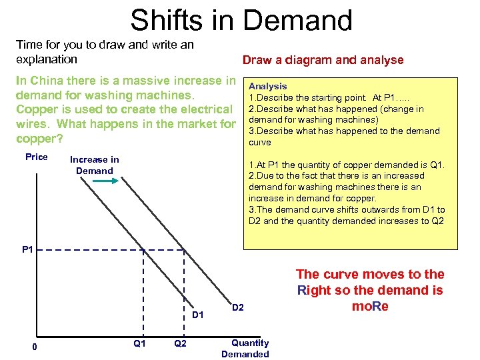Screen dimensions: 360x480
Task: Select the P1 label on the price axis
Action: tap(28, 250)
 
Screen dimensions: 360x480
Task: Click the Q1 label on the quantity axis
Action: tap(140, 343)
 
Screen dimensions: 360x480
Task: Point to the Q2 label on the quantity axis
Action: tap(180, 343)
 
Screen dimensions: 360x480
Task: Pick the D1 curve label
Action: tap(198, 314)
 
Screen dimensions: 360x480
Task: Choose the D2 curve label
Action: tap(238, 307)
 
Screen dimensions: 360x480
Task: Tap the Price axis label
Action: tap(37, 157)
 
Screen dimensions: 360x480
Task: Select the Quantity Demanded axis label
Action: tap(245, 349)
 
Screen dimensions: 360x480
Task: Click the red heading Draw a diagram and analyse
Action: tap(323, 60)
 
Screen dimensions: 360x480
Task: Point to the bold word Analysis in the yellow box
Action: tap(267, 86)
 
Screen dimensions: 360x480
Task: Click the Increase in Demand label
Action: tap(95, 165)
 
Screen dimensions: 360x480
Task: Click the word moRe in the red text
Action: tap(369, 307)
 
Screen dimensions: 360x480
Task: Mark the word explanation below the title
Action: tap(47, 59)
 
